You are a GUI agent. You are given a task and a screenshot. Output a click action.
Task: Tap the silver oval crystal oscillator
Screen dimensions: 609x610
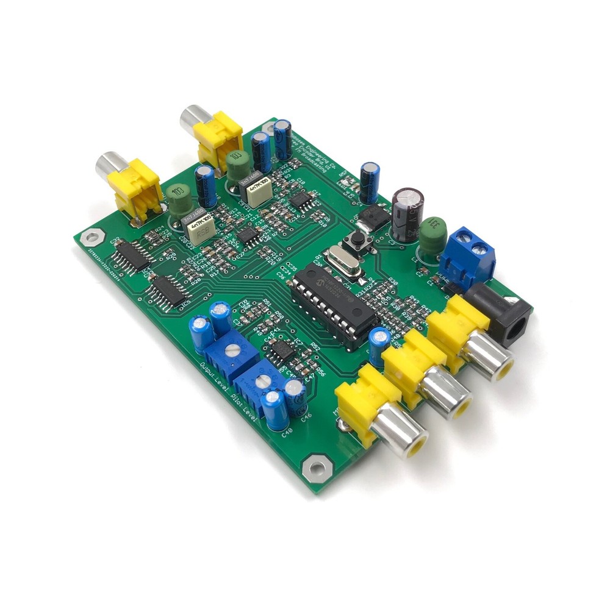pos(339,260)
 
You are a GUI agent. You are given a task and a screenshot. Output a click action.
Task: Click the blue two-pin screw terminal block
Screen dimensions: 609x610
pos(468,254)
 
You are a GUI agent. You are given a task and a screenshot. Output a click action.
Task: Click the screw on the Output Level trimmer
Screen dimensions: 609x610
pos(232,350)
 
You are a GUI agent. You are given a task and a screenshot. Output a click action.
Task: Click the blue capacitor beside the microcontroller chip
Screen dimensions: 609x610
pos(379,340)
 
